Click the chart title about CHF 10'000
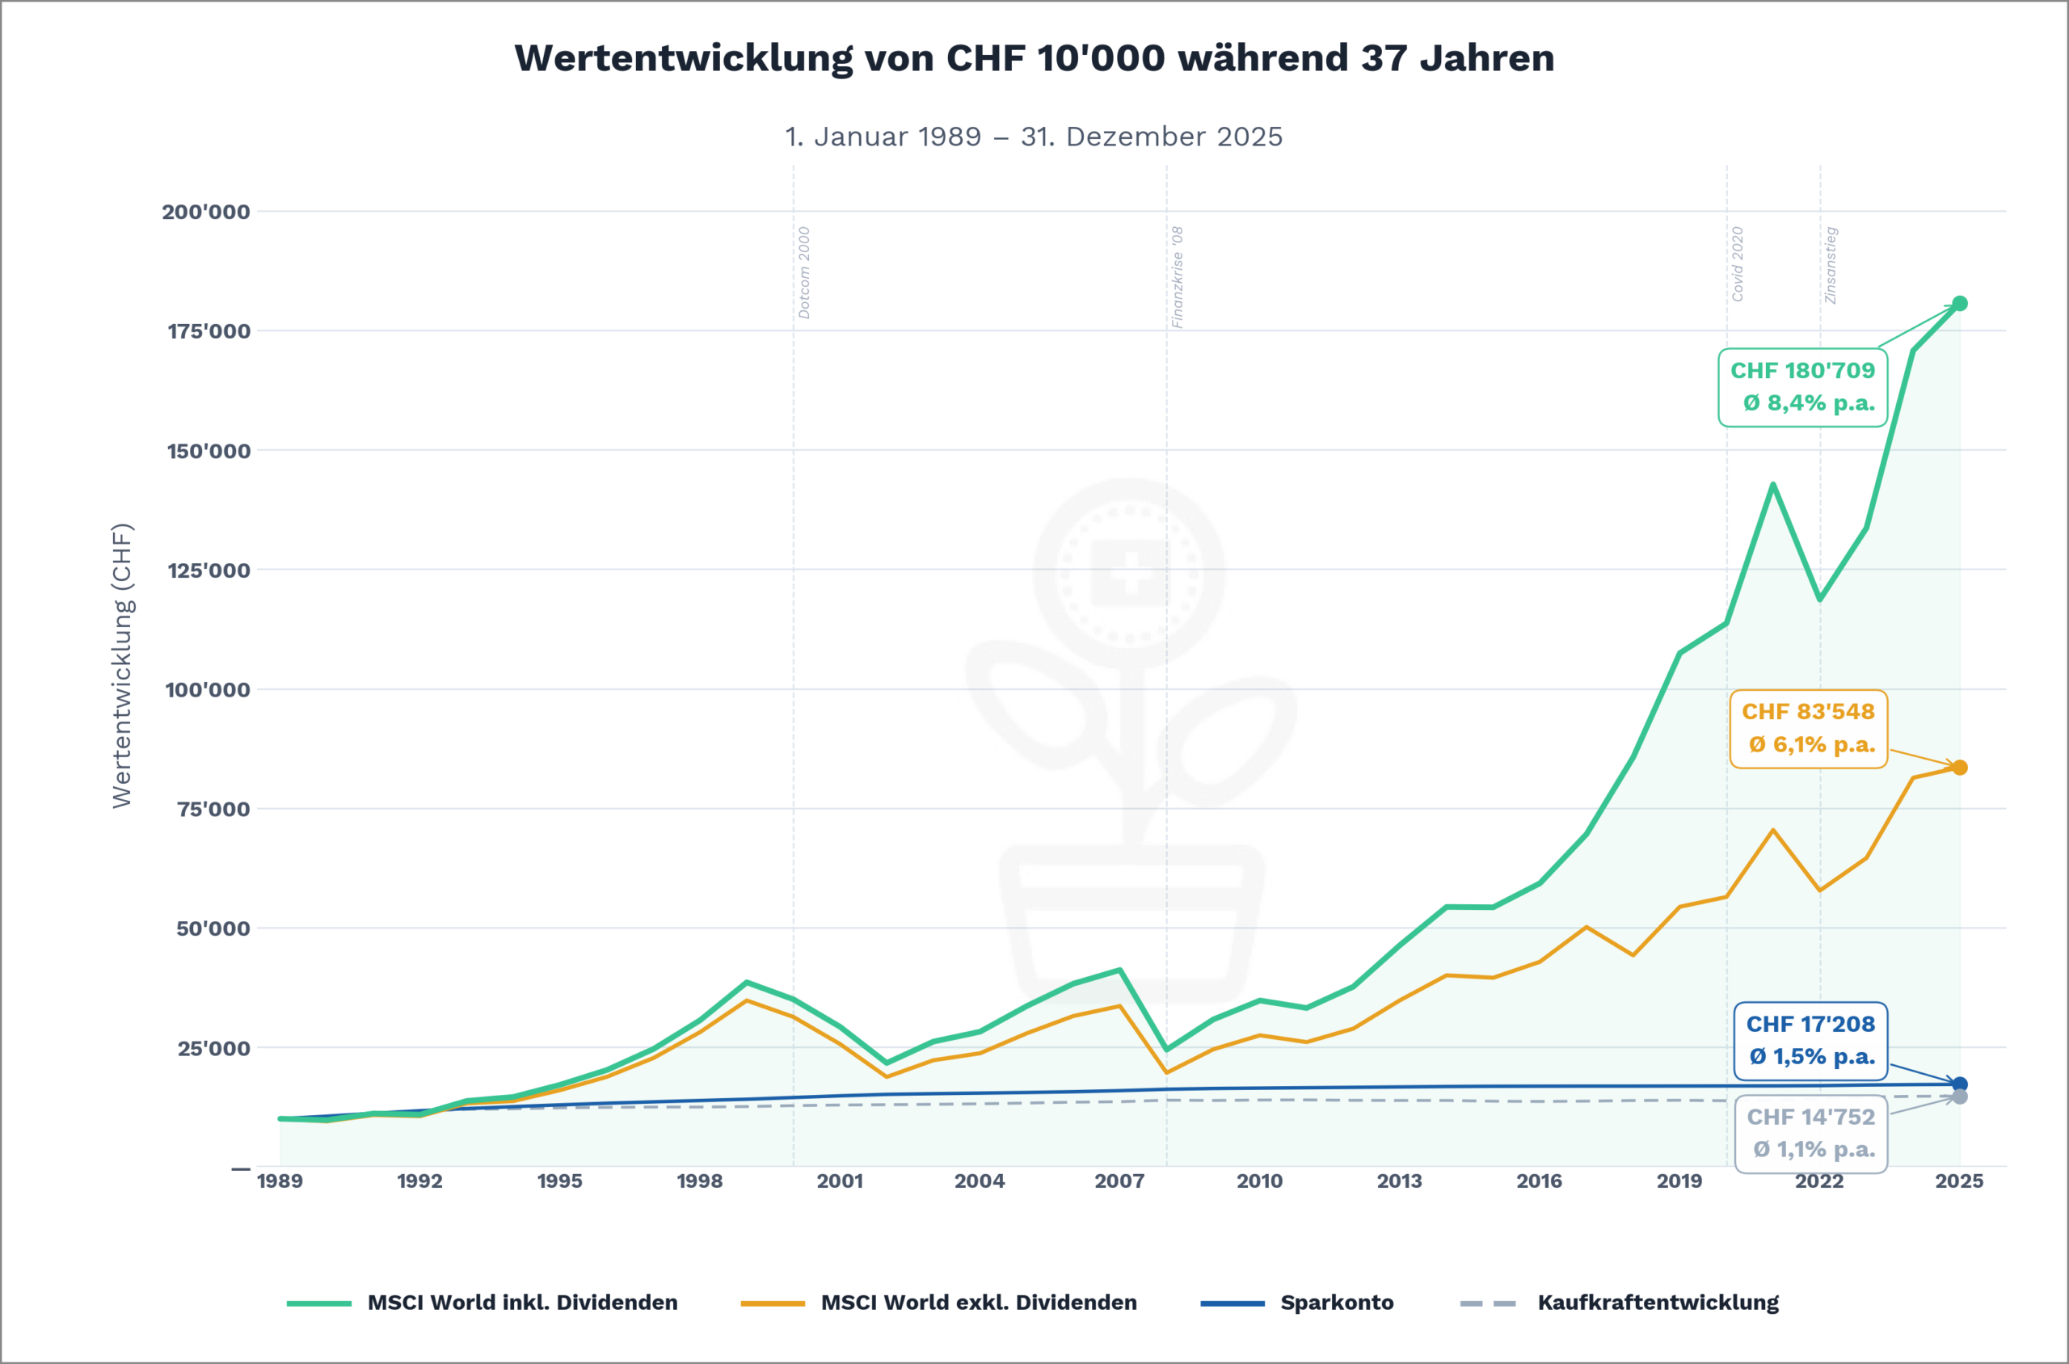click(x=1034, y=58)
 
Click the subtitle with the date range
click(x=1034, y=137)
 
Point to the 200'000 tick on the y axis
click(x=205, y=212)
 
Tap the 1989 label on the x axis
click(x=280, y=1181)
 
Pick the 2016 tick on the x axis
click(x=1538, y=1181)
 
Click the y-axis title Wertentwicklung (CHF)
click(x=122, y=666)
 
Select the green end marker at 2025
click(x=1959, y=304)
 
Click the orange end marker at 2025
click(x=1959, y=768)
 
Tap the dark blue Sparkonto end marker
click(x=1959, y=1084)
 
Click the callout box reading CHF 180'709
click(x=1802, y=387)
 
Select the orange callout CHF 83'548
click(x=1808, y=729)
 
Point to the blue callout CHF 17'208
click(x=1810, y=1041)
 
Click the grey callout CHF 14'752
click(x=1810, y=1134)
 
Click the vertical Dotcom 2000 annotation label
click(x=804, y=272)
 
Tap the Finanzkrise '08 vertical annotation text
click(x=1178, y=276)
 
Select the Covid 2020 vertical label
click(x=1737, y=263)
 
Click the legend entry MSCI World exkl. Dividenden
click(x=978, y=1303)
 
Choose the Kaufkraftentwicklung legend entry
click(x=1658, y=1303)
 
